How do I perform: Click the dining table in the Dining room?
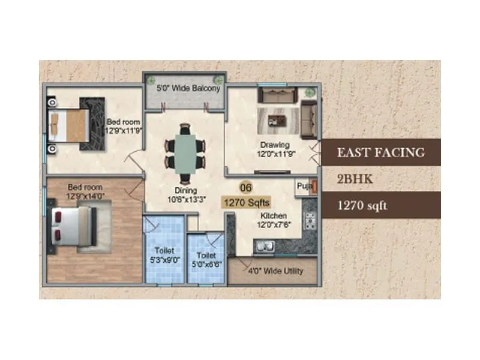tap(185, 148)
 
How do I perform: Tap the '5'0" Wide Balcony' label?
tap(188, 88)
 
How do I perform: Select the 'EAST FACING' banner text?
tap(381, 152)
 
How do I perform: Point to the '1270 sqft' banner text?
tap(362, 205)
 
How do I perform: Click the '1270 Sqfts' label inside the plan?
tap(247, 202)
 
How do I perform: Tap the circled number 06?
tap(246, 187)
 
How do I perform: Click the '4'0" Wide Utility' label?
tap(276, 271)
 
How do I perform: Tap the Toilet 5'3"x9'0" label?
tap(163, 258)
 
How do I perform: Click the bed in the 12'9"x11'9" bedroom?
tap(67, 124)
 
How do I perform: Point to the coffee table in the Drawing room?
tap(277, 120)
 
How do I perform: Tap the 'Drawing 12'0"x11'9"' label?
tap(275, 149)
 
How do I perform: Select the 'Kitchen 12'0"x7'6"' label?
tap(273, 220)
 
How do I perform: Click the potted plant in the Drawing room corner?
tap(310, 93)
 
